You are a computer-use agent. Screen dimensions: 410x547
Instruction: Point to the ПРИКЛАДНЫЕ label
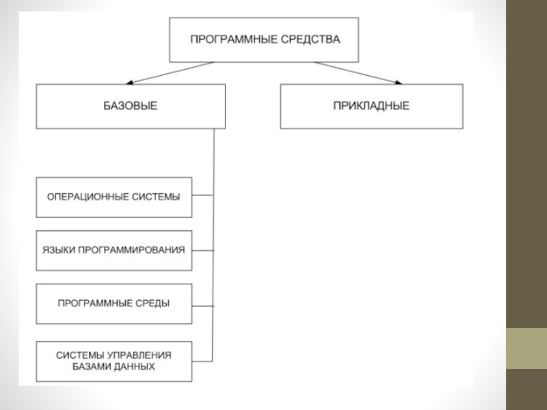tap(371, 106)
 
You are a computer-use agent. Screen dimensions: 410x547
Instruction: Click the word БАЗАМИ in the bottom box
tap(89, 366)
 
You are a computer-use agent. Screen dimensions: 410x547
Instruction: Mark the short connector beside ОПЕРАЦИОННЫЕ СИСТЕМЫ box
tap(203, 197)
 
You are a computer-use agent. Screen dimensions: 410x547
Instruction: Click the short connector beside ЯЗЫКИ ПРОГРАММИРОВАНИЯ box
tap(203, 250)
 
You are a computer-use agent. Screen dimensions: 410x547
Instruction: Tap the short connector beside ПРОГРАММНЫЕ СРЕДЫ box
tap(203, 305)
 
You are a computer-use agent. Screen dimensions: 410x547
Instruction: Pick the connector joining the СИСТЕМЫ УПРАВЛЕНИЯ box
tap(203, 360)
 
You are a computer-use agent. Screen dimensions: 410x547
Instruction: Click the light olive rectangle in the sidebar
tap(526, 348)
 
